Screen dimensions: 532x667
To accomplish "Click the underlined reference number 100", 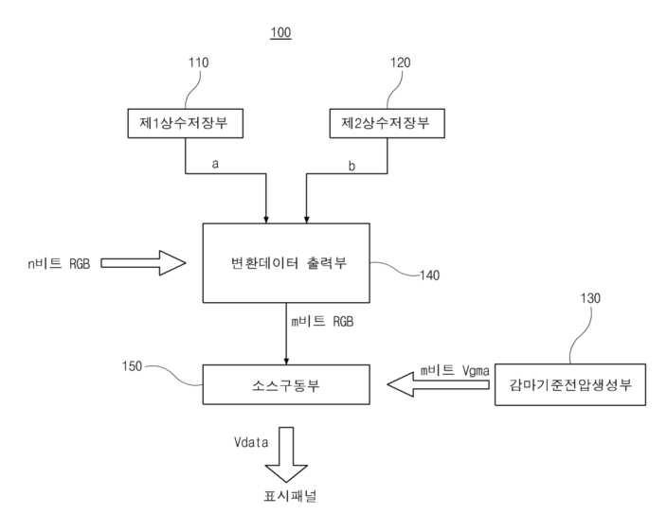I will pos(280,33).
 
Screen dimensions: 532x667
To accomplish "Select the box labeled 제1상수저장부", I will pos(185,122).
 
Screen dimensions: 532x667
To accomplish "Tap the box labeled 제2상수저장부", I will pos(387,122).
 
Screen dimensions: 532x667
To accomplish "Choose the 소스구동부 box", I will pos(286,384).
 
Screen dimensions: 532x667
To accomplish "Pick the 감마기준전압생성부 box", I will pos(569,384).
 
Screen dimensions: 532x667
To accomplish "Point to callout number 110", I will pos(199,62).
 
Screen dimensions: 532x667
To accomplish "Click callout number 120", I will pos(402,62).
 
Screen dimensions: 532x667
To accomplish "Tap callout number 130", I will pos(588,299).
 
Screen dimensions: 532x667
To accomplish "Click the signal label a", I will pos(215,164).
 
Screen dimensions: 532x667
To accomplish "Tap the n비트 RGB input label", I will pos(59,263).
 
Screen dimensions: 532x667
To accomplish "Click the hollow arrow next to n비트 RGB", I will pos(143,262).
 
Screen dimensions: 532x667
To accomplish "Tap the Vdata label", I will pos(252,442).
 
